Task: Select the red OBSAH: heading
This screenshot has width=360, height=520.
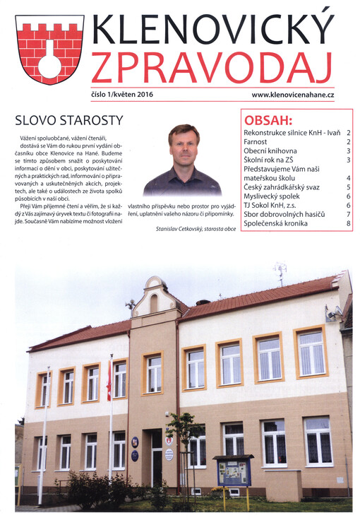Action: pos(268,119)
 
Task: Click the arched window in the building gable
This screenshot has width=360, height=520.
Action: pos(154,303)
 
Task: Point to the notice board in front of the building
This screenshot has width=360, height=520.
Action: pos(234,472)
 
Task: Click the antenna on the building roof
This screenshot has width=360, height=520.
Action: pos(280,272)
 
